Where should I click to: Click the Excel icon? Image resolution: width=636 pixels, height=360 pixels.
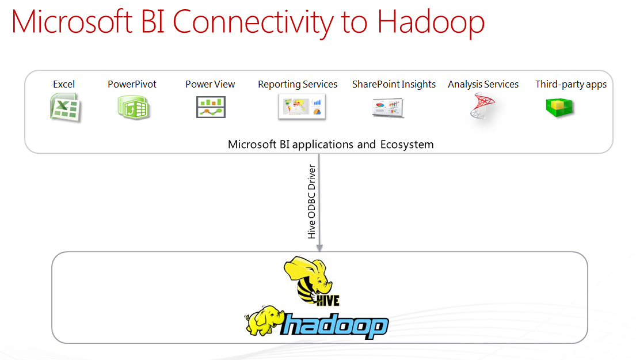tap(64, 108)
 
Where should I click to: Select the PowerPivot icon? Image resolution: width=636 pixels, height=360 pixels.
tap(133, 108)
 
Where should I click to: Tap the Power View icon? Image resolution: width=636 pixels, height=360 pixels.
tap(211, 107)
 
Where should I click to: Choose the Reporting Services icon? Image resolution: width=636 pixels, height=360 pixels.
tap(302, 107)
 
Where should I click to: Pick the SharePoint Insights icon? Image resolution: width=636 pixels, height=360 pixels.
tap(388, 108)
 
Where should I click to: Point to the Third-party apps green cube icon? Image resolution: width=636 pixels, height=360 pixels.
tap(559, 108)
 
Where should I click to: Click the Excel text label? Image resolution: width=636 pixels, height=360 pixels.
tap(64, 84)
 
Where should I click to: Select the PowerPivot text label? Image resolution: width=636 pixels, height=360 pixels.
tap(132, 84)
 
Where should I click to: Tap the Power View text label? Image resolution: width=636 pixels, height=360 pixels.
tap(210, 84)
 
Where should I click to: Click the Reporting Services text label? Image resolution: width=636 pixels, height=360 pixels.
tap(298, 84)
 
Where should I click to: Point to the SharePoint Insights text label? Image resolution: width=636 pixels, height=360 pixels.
tap(394, 84)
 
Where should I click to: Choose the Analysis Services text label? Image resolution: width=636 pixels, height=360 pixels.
tap(483, 84)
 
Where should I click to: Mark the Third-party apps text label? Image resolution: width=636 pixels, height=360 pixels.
tap(570, 84)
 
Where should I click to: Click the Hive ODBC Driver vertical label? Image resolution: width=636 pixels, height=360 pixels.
tap(312, 202)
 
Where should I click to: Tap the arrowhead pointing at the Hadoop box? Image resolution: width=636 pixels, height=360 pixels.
tap(319, 247)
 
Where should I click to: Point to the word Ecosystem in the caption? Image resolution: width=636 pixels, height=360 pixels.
tap(407, 144)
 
